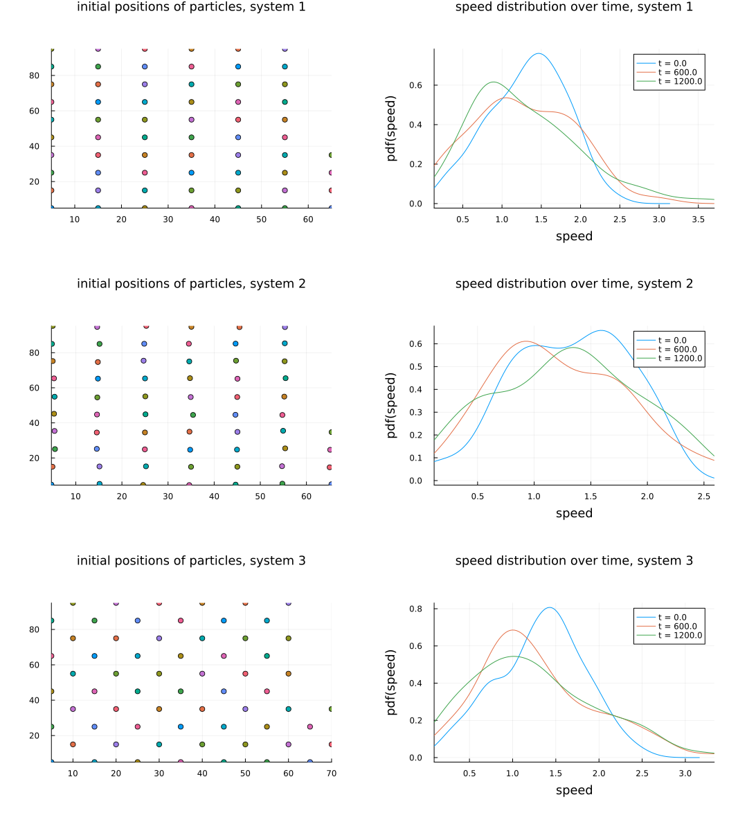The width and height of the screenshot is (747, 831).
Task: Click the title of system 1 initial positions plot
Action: tap(191, 7)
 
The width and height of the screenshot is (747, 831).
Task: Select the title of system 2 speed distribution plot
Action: tap(574, 284)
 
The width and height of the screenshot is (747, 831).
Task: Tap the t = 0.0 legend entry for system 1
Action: tap(672, 63)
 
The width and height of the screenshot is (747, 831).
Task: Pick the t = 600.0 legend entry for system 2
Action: tap(677, 350)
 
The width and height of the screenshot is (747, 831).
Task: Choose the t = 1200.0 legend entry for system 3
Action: tap(680, 636)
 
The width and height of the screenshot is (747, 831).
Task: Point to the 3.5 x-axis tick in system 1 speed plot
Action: tap(698, 220)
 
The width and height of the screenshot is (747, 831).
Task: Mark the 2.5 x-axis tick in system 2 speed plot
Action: tap(703, 497)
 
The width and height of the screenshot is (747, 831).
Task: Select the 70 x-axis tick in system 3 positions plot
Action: tap(332, 774)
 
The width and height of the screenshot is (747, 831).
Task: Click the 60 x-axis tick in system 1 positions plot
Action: tap(308, 220)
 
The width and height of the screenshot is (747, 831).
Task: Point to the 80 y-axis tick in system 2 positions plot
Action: tap(35, 352)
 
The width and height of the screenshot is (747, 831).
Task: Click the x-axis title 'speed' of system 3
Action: tap(574, 790)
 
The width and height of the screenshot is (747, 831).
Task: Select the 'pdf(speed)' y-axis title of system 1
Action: tap(392, 128)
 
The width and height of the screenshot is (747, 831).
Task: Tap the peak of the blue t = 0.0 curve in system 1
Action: tap(538, 53)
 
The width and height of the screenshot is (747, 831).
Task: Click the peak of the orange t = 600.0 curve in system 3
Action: tap(512, 630)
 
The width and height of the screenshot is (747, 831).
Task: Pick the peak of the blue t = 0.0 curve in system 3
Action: tap(550, 607)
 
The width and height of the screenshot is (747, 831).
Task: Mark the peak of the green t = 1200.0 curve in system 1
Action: tap(492, 82)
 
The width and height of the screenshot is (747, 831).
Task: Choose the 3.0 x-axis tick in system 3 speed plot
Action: tap(685, 774)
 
